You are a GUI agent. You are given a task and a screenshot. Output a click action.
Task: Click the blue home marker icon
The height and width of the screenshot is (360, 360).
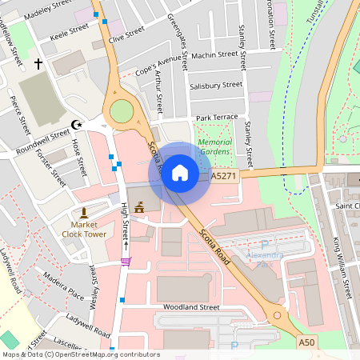179,173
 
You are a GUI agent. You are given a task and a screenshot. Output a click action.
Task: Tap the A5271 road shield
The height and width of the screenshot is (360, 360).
225,174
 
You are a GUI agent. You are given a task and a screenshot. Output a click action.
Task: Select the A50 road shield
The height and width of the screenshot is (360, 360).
306,342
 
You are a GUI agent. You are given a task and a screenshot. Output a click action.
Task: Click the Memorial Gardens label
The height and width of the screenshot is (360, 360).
214,146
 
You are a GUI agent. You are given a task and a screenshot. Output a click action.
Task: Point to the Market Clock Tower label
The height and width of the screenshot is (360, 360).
83,230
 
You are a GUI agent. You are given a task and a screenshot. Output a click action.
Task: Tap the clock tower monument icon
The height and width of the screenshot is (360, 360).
83,213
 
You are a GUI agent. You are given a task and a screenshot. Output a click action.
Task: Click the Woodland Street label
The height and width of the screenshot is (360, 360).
190,306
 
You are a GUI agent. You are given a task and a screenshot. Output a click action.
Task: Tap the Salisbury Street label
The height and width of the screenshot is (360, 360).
216,85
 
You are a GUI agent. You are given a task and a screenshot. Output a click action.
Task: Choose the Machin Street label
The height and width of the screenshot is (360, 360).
215,55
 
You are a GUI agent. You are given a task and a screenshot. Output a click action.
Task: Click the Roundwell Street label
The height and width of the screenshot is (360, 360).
42,139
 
